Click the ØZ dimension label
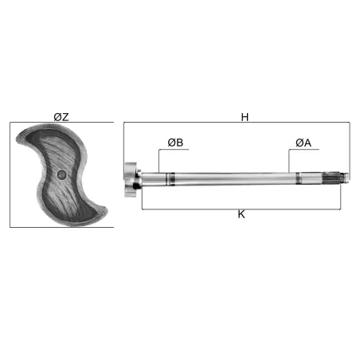point(61,117)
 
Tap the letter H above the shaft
point(245,117)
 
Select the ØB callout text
point(175,143)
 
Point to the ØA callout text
point(303,143)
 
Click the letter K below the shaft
point(241,214)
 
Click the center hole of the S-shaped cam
point(61,174)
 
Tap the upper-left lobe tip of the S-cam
point(18,140)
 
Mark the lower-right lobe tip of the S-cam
point(106,211)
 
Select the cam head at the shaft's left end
point(131,180)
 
